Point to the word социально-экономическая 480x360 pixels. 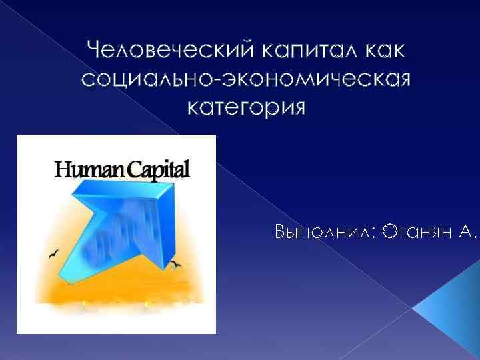[246, 79]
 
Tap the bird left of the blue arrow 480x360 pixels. [53, 255]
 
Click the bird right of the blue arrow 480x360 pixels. [177, 265]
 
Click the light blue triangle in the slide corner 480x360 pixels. [453, 313]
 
